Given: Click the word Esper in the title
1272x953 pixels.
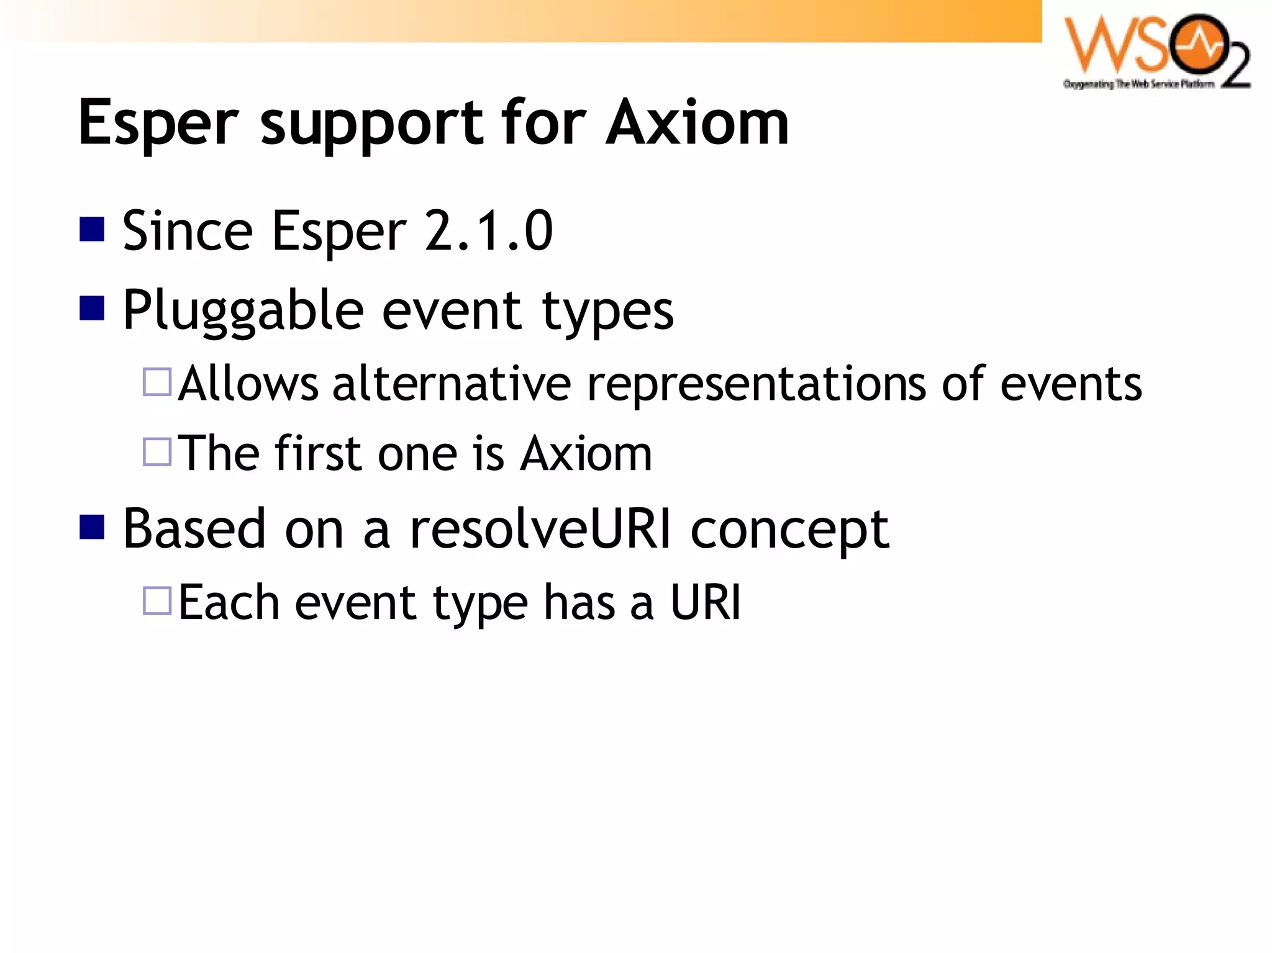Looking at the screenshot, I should click(x=158, y=124).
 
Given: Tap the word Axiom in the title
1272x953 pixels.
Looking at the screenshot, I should click(x=697, y=124).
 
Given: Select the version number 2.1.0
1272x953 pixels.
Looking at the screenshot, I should click(x=489, y=231).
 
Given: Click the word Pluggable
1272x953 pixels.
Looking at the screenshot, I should click(x=243, y=310).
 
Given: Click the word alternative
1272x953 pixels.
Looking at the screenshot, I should click(x=452, y=384).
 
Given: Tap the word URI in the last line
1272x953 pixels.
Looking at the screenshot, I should click(x=706, y=602).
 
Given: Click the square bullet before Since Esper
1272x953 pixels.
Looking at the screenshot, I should click(x=92, y=229).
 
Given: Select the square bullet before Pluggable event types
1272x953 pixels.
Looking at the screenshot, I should click(x=92, y=308).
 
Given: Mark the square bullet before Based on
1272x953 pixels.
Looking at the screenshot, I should click(x=92, y=527).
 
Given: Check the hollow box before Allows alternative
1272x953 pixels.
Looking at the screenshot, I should click(x=157, y=382).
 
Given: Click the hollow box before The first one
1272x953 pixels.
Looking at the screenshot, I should click(x=157, y=452).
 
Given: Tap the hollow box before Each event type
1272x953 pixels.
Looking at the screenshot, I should click(x=157, y=600).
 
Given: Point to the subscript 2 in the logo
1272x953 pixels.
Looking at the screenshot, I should click(x=1235, y=69).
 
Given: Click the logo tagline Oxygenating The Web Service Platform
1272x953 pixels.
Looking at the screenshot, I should click(x=1138, y=84).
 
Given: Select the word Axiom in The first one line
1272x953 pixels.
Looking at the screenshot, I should click(x=586, y=454).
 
